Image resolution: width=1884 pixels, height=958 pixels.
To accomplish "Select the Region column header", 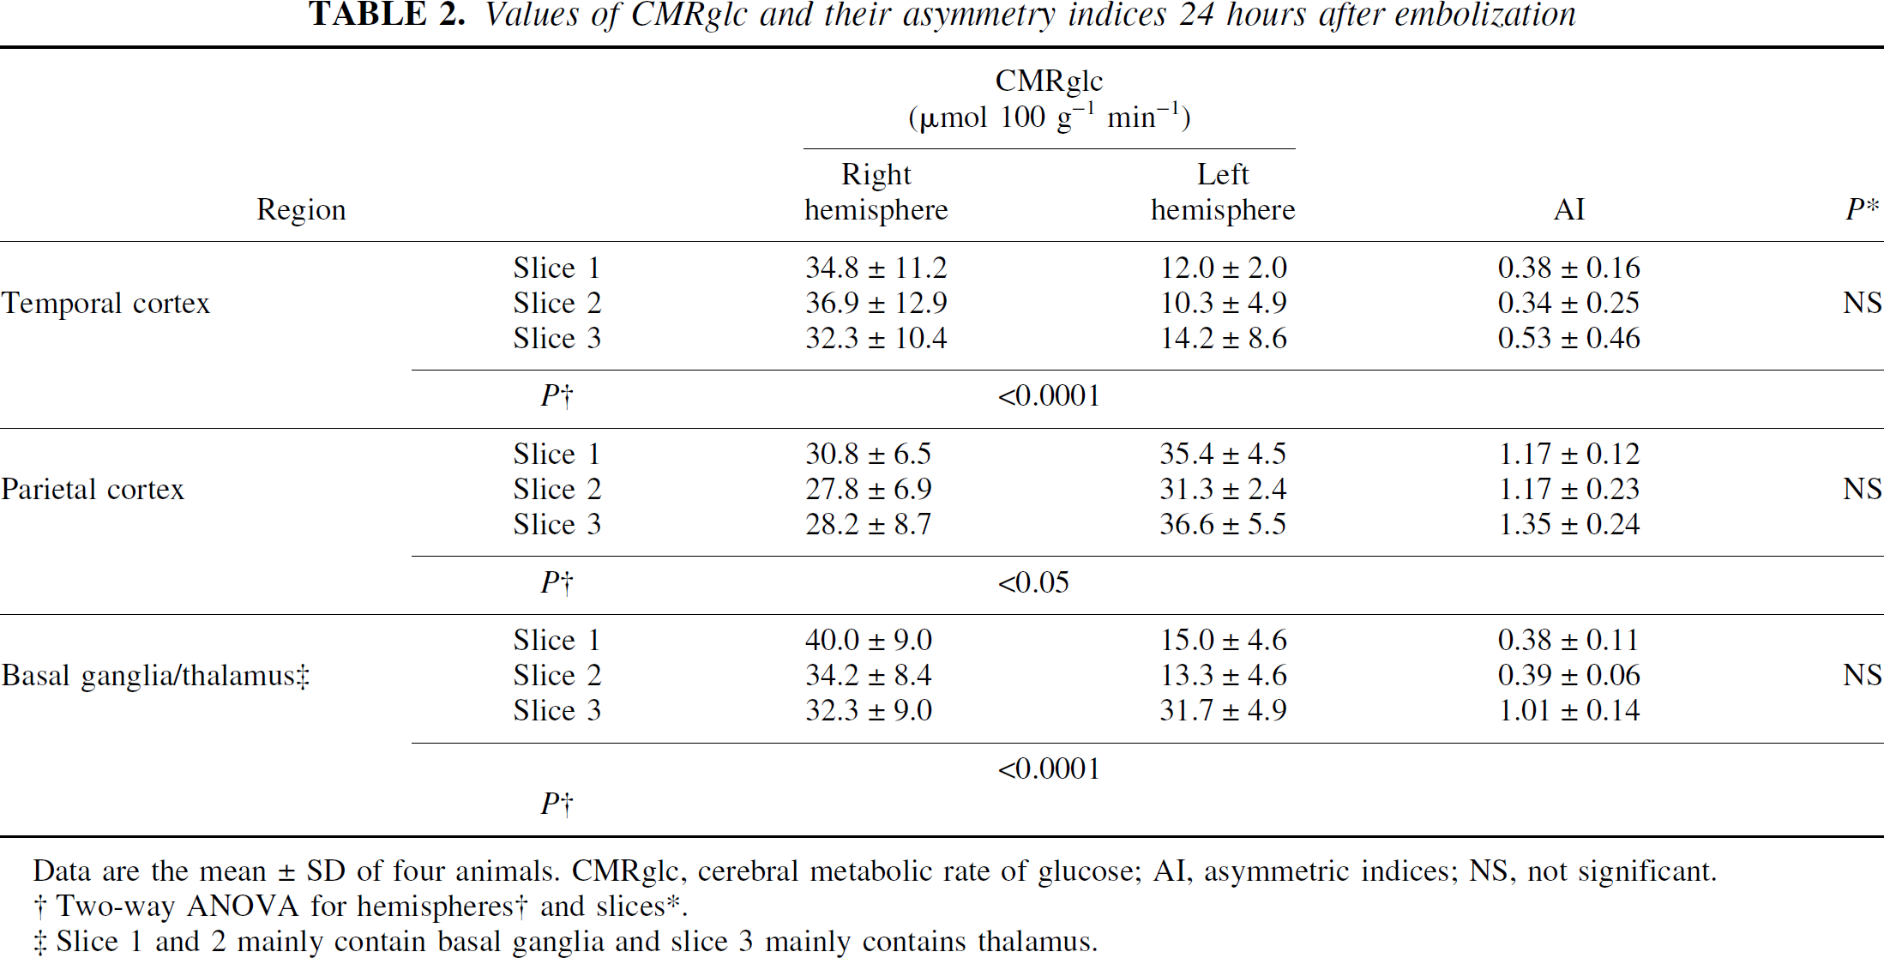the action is point(301,210).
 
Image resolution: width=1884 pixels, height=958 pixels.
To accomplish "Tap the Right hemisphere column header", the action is point(876,192).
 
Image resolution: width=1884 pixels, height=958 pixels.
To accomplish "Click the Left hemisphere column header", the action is point(1223,192).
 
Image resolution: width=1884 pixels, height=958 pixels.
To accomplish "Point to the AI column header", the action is point(1569,210).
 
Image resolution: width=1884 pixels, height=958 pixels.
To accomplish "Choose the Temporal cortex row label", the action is point(105,304).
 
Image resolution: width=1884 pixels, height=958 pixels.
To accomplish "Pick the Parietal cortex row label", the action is point(93,490).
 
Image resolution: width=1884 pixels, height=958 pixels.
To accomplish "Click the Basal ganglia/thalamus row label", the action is point(155,676).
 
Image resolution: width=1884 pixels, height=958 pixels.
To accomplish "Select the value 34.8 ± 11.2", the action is point(876,268).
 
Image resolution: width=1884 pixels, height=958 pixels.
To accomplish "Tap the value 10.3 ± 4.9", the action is point(1223,304).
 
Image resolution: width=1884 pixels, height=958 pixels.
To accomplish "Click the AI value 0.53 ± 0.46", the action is point(1568,339).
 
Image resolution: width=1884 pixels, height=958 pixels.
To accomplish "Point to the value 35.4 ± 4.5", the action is point(1223,455).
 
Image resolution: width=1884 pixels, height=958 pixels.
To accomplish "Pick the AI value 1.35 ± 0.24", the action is point(1568,525).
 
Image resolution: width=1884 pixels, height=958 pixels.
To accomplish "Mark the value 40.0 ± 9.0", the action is point(868,641).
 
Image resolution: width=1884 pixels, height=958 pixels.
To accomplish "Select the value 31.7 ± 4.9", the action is point(1223,711).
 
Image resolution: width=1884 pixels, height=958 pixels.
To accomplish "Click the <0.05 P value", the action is point(1033,583).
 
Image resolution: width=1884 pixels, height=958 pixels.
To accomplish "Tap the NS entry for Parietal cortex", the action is point(1862,490).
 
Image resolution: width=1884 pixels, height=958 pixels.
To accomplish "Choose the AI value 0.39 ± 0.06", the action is point(1568,676).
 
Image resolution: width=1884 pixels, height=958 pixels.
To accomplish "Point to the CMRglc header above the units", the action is point(1049,81).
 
